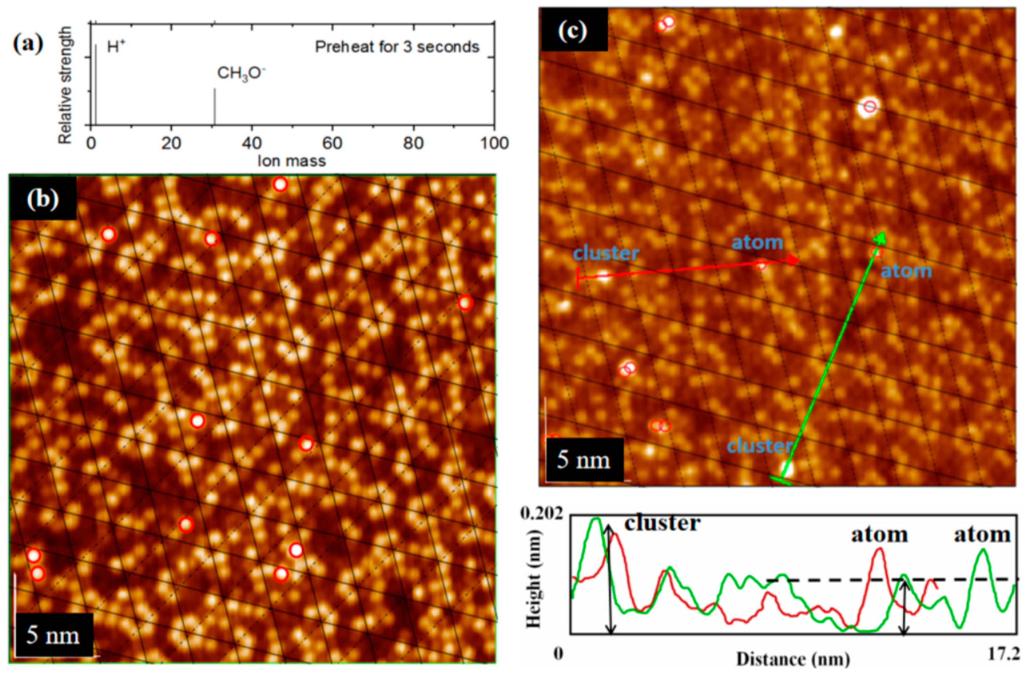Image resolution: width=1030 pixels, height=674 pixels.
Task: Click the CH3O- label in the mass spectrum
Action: coord(241,74)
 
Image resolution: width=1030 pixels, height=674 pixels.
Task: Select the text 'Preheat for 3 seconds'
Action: coord(397,47)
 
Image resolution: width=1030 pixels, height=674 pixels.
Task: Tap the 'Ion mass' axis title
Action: coord(291,161)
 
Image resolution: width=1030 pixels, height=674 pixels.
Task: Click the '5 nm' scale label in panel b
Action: coord(53,635)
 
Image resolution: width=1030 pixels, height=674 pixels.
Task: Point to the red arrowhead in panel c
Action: coord(793,260)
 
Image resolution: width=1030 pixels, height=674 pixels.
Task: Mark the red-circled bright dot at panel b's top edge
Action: coord(280,185)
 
